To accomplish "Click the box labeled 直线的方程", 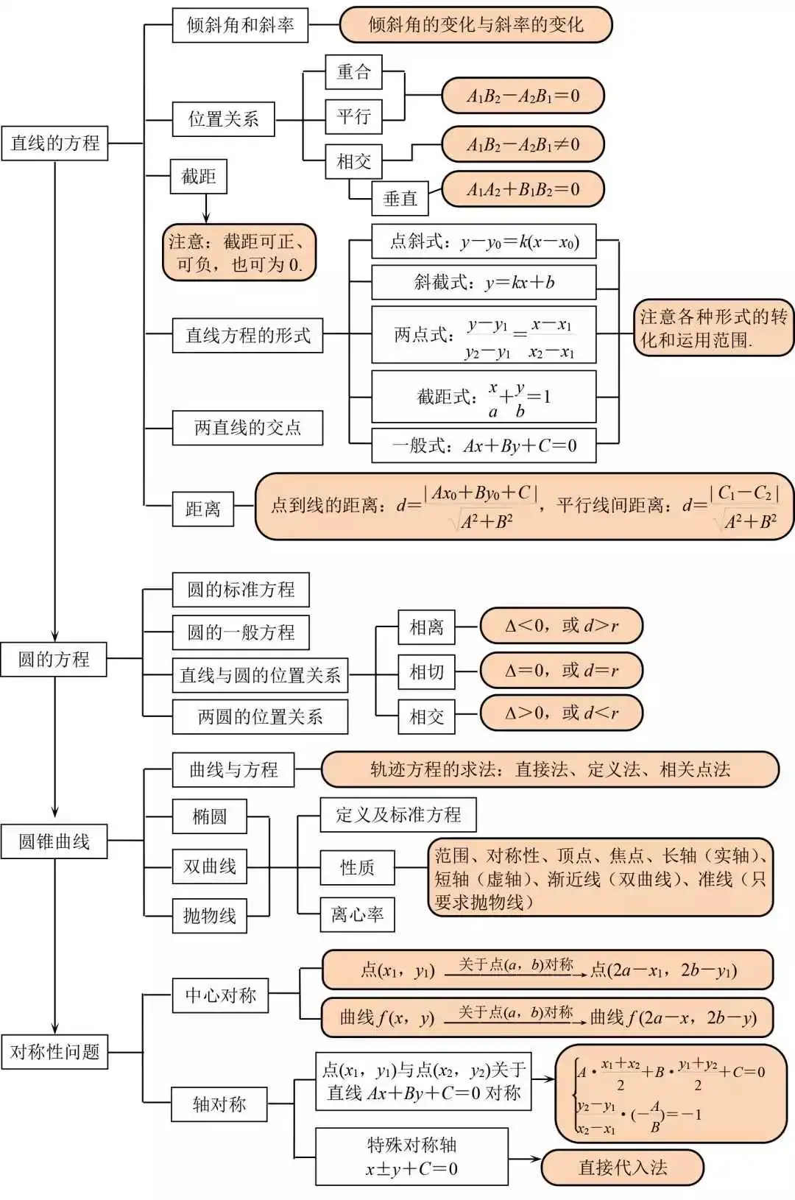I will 54,143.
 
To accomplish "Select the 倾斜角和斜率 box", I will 240,25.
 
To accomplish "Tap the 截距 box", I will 199,177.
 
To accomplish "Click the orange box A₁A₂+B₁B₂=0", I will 523,189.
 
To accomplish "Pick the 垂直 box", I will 400,198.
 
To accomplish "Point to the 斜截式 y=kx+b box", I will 484,282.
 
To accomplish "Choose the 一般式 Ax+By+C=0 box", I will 484,445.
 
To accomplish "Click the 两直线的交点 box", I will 247,428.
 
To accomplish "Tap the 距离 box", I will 203,509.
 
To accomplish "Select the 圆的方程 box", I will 54,659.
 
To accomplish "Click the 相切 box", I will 427,672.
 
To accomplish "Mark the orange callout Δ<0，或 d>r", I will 561,627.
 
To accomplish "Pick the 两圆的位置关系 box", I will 260,717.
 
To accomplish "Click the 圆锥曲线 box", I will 54,841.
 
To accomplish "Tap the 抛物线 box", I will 210,916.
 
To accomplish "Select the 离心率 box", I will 357,914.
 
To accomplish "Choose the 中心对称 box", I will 220,995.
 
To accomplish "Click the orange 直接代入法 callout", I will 623,1168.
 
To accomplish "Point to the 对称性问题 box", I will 54,1051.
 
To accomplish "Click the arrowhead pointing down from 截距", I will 206,218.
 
